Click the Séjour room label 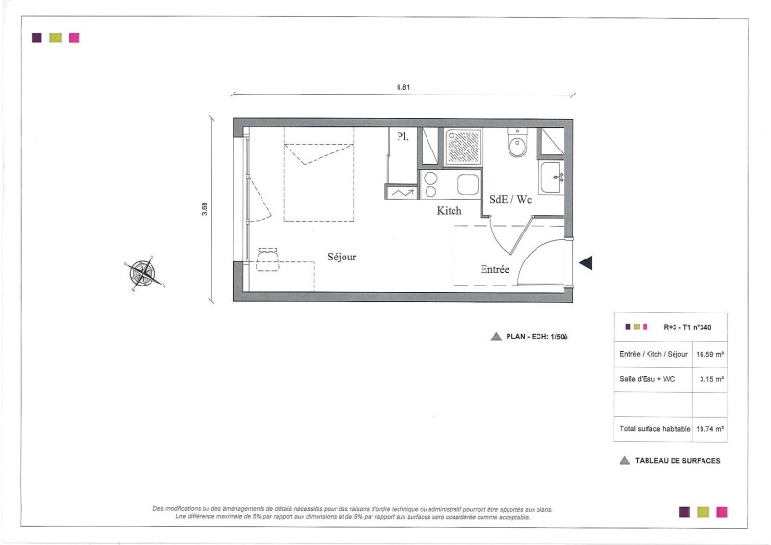pos(342,257)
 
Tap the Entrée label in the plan pos(495,269)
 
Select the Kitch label pos(450,211)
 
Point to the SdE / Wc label pos(510,199)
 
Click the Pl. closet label pos(402,137)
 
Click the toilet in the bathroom pos(517,143)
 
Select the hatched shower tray pos(463,147)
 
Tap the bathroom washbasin pos(551,177)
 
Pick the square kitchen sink pos(468,184)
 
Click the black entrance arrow pos(586,263)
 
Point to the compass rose pos(144,273)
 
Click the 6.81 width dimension pos(403,87)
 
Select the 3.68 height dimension pos(204,209)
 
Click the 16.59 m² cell pos(709,354)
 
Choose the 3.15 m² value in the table pos(711,379)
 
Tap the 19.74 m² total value pos(709,429)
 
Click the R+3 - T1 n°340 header pos(687,327)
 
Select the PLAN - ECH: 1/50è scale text pos(537,337)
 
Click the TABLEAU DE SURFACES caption pos(677,461)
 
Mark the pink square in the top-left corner pos(74,38)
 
